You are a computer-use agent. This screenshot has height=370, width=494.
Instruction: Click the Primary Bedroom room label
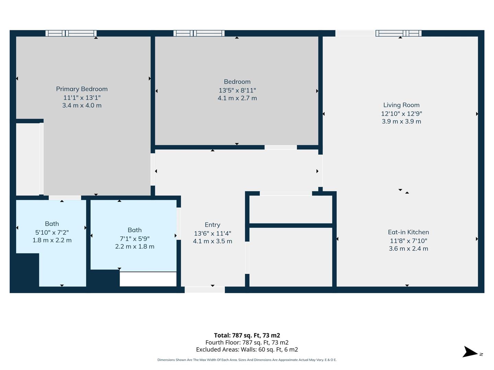click(x=82, y=89)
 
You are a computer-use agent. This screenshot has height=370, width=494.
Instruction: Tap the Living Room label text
click(x=401, y=105)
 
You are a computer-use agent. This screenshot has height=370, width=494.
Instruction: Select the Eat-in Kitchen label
click(x=408, y=232)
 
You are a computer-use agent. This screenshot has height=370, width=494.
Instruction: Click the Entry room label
click(x=212, y=225)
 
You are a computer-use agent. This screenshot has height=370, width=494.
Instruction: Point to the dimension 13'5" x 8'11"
click(x=237, y=90)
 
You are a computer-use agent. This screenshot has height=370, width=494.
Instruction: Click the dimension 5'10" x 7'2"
click(x=52, y=232)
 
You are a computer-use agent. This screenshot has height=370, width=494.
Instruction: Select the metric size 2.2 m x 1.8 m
click(x=134, y=247)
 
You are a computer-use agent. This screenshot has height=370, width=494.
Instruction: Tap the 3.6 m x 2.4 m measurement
click(x=408, y=249)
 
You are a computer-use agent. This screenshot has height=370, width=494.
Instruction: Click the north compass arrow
click(x=470, y=353)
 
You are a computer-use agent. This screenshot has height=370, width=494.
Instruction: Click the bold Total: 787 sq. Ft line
click(x=247, y=335)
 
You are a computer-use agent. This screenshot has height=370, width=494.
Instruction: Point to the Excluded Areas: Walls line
click(x=247, y=349)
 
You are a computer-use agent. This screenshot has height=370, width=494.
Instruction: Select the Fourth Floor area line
click(x=247, y=343)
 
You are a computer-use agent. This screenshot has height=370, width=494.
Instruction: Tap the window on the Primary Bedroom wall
click(x=71, y=33)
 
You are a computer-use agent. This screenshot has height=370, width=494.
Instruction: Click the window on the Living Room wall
click(x=398, y=33)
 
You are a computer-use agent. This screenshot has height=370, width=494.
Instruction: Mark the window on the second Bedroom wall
click(x=199, y=33)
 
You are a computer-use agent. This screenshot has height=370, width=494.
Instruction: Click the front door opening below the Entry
click(x=205, y=290)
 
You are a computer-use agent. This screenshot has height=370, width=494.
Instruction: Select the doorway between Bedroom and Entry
click(x=281, y=147)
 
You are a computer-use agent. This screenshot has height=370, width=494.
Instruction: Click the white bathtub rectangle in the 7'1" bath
click(x=148, y=279)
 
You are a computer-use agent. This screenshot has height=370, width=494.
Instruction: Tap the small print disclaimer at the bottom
click(x=247, y=360)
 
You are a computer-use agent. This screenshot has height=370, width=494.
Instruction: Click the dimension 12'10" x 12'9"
click(x=401, y=114)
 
